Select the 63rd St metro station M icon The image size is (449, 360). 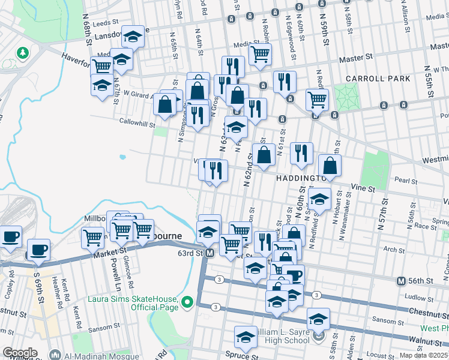pos(209,253)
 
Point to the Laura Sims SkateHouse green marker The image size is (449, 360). pos(187,301)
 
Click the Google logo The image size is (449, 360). pos(19,353)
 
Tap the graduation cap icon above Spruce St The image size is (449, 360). pos(246,337)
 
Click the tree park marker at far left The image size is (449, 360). pos(23,53)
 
